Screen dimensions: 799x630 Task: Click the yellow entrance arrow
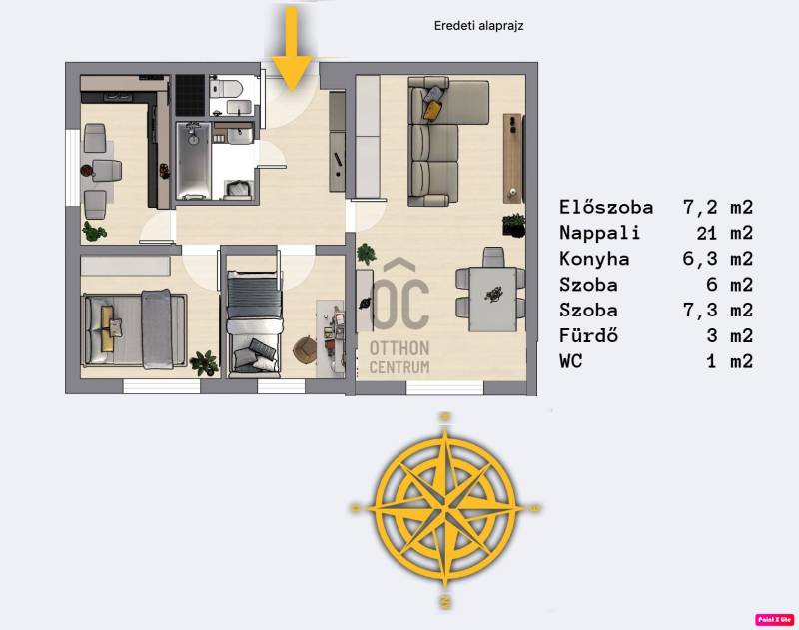291,49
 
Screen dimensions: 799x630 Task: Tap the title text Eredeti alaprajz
478,26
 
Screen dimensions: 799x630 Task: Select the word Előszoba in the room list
606,207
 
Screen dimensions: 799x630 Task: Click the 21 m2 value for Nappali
725,233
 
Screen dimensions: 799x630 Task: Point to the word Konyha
594,259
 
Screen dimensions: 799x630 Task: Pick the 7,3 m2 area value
718,310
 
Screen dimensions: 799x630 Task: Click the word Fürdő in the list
588,335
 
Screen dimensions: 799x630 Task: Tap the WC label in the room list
570,361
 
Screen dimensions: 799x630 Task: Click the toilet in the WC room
225,88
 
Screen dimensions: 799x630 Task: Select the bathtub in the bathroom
193,160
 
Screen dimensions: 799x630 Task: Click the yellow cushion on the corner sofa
432,110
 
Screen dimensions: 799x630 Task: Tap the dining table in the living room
492,300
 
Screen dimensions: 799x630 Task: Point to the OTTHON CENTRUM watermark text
399,357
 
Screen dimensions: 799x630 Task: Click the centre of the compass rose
445,508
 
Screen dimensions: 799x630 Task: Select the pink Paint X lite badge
774,619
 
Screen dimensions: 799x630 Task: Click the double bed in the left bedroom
134,329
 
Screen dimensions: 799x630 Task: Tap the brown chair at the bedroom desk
306,349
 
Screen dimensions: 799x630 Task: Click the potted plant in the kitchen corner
94,232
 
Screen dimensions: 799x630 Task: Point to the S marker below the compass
445,601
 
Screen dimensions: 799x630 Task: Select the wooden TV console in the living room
512,158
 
